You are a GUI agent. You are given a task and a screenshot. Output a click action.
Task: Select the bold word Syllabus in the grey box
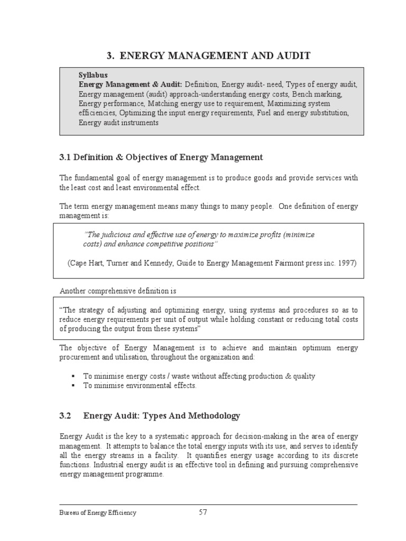(93, 76)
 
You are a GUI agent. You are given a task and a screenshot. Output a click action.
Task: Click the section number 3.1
(65, 157)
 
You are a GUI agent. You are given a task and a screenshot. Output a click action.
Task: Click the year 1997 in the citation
(347, 263)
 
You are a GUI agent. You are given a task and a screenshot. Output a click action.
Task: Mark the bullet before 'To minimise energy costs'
(72, 377)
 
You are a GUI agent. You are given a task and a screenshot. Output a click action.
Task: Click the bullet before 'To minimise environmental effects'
(72, 386)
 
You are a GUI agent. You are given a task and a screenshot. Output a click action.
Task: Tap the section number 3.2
(65, 416)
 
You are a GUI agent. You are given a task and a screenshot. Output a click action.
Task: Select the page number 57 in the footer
(203, 512)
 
